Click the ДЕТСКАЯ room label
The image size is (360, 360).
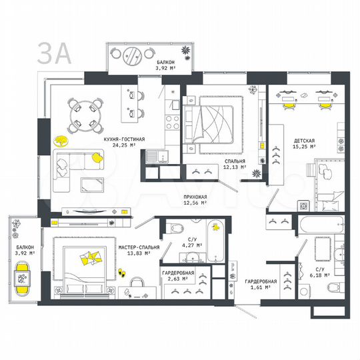click(x=304, y=141)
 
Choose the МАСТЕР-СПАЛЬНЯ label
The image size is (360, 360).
click(x=139, y=247)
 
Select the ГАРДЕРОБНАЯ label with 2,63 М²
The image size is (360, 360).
click(x=178, y=274)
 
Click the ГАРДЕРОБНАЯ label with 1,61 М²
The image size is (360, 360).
click(x=257, y=281)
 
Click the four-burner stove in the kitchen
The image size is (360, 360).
click(x=170, y=123)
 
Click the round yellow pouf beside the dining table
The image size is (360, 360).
click(x=61, y=141)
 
